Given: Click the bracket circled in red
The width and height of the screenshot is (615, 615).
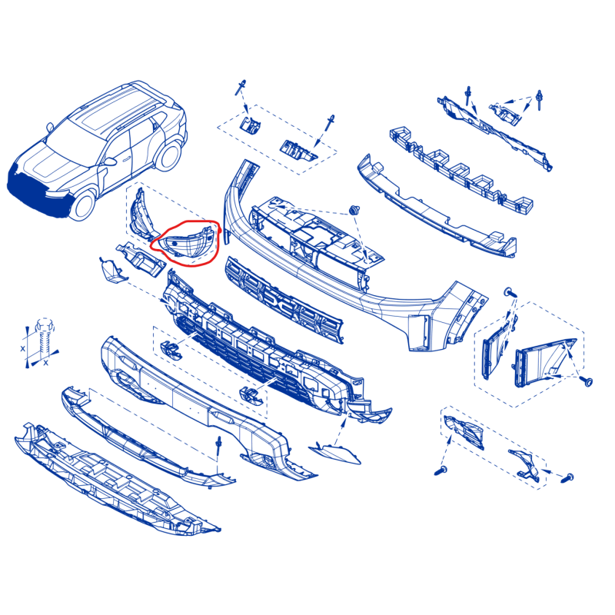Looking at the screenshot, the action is point(188,241).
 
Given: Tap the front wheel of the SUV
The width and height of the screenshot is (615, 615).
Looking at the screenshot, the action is point(82,204).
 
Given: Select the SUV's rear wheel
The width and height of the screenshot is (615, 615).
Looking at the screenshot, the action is point(168,156).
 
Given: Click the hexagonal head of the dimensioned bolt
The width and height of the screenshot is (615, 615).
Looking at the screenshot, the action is point(44,325).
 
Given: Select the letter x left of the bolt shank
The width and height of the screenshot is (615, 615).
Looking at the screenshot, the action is point(23,348).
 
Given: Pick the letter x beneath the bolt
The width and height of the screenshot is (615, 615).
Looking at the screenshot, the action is point(45,362).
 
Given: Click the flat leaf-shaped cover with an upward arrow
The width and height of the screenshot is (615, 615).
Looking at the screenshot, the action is point(334,454).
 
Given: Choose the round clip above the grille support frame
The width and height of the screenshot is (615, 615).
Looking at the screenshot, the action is point(354,210).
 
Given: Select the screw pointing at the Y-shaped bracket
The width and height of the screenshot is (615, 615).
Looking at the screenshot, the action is point(567,478).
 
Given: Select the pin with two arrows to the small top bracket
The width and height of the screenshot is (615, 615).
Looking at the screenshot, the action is point(540,100).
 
